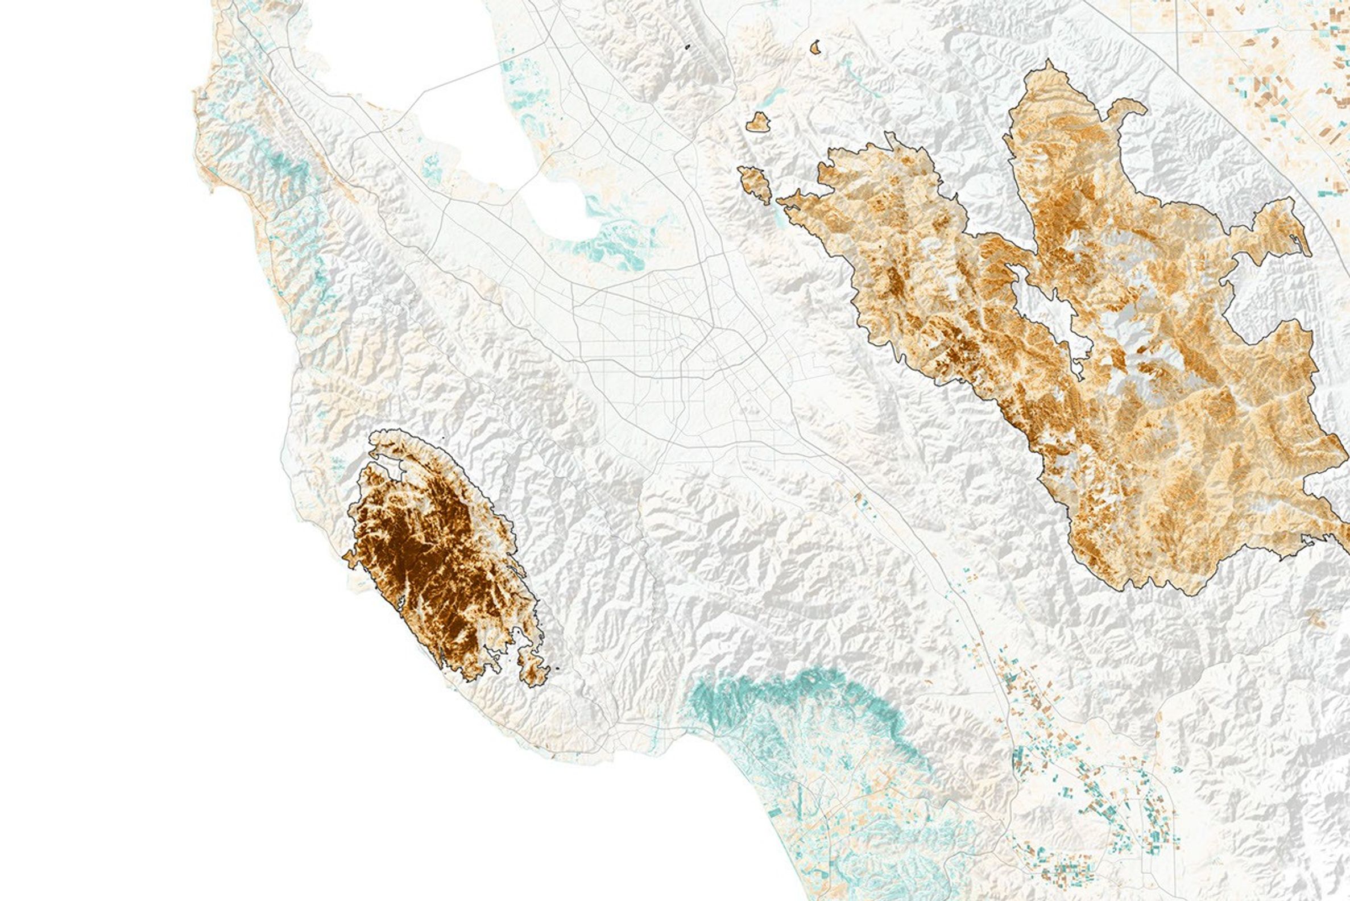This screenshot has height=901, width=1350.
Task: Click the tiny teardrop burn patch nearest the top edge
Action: (814, 48)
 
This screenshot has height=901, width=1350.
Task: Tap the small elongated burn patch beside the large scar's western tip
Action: (755, 183)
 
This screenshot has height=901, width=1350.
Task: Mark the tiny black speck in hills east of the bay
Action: (688, 47)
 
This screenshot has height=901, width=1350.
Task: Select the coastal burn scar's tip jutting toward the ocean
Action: (348, 556)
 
